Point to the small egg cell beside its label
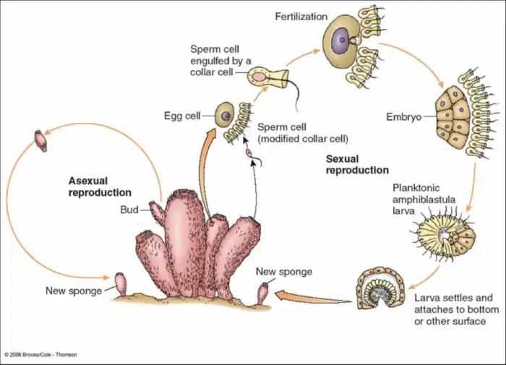226,114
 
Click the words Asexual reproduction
100,186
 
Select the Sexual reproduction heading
357,164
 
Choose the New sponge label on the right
285,272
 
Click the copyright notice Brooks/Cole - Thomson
40,354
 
